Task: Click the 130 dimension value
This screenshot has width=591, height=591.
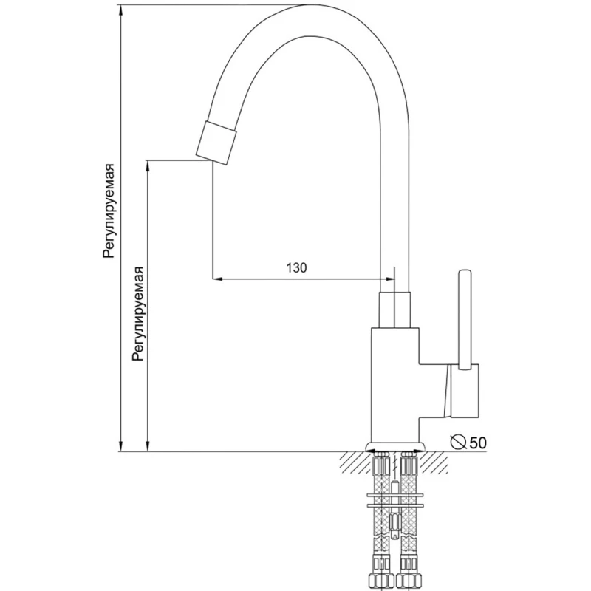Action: point(297,267)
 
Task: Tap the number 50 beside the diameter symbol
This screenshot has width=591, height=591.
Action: point(478,443)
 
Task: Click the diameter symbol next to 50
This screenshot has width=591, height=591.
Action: point(459,442)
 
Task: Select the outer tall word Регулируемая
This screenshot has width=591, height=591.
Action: point(109,211)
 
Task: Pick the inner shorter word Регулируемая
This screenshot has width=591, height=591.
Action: point(139,313)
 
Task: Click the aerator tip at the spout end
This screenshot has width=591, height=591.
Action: point(216,143)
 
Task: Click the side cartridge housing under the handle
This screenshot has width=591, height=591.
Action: point(464,392)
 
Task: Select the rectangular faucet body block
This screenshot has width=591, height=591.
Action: point(395,384)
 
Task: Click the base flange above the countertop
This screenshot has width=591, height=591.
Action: point(395,447)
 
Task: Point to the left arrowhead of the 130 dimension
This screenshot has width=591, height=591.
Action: point(217,279)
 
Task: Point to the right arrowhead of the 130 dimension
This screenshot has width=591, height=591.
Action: point(389,279)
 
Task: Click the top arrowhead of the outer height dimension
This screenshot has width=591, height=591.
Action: point(120,10)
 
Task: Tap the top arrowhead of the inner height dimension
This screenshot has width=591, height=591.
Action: point(148,165)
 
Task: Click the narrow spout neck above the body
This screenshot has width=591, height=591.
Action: point(394,309)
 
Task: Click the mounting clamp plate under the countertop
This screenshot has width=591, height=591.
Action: point(395,500)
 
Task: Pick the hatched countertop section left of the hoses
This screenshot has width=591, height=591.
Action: point(357,463)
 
